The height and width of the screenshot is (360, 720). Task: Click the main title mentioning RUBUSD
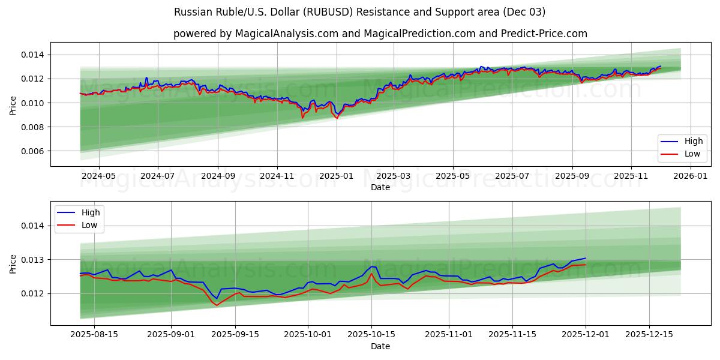coord(359,12)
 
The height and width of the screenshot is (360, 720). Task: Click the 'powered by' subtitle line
coord(380,34)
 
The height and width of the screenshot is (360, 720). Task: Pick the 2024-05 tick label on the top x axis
coord(98,176)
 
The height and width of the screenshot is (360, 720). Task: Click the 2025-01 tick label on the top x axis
coord(336,176)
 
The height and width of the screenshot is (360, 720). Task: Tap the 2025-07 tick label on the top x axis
coord(512,176)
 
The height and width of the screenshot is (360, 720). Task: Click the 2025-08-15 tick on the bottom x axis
coord(94,334)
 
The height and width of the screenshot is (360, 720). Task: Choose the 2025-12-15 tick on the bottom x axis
coord(649,334)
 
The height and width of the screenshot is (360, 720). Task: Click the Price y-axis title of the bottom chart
coord(13,263)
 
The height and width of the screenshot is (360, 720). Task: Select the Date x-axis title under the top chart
coord(380,187)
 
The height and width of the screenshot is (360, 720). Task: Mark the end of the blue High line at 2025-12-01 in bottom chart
coord(586,258)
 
